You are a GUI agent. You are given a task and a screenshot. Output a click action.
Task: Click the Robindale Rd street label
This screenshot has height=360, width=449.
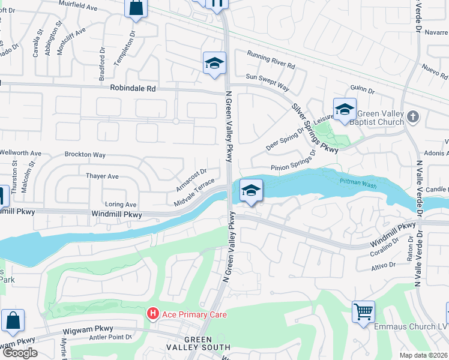point(133,88)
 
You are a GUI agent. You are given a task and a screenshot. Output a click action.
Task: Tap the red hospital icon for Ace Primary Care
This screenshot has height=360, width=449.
point(153,314)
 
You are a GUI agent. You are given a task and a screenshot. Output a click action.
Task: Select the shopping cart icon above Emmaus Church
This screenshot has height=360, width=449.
point(363,311)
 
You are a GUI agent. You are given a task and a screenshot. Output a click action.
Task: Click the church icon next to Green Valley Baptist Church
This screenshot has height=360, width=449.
point(412,116)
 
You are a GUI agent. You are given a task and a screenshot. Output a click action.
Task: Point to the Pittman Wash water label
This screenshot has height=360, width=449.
point(358,185)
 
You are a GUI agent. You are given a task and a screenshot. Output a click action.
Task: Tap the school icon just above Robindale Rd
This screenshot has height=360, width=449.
point(214,63)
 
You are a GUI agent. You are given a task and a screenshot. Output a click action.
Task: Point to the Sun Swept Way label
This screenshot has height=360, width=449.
point(268,79)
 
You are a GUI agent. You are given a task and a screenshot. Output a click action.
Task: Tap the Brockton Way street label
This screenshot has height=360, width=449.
point(85,155)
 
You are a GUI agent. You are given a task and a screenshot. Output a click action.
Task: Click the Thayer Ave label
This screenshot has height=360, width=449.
point(103,176)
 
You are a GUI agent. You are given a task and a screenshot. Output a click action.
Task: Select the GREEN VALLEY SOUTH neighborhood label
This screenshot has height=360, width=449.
point(199,343)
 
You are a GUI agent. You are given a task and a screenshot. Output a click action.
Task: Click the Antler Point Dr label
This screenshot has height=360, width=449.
point(109,337)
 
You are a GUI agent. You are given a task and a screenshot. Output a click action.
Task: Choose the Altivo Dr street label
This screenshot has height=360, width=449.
point(384,264)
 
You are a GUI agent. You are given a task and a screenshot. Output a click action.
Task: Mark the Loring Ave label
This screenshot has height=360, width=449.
point(121,205)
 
